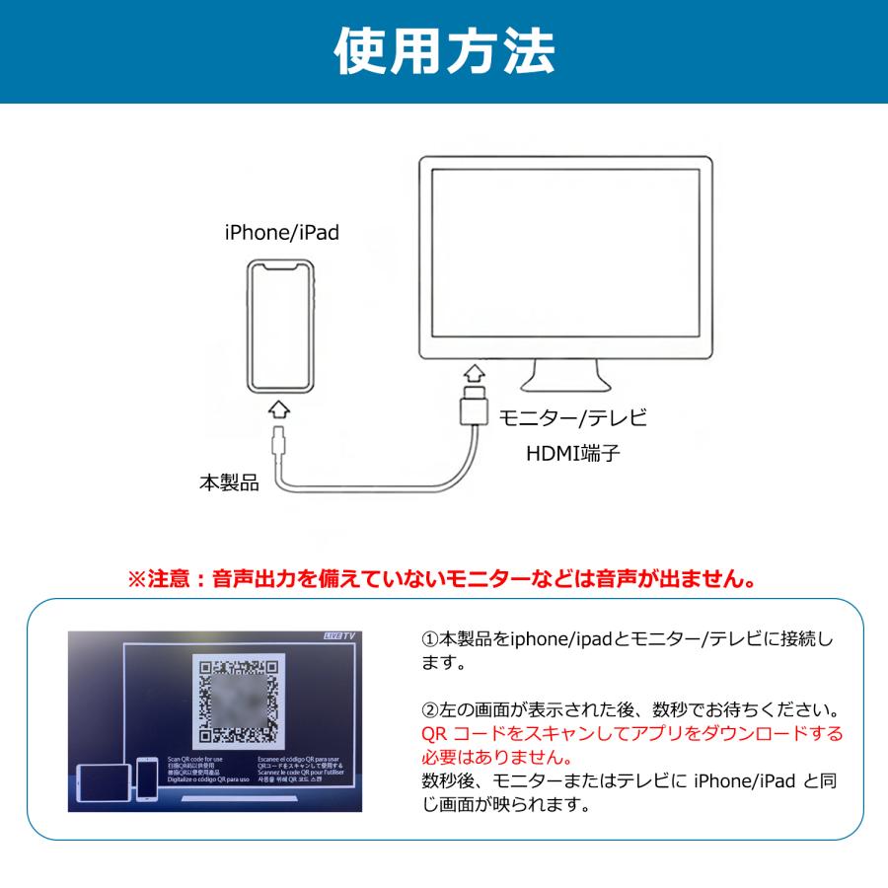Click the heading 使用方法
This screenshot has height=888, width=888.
click(444, 50)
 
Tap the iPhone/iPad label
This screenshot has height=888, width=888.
click(282, 233)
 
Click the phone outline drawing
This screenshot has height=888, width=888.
click(281, 326)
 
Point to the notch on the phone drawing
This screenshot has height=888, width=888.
click(281, 266)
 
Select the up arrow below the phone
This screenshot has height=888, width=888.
click(280, 409)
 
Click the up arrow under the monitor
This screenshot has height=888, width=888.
click(475, 375)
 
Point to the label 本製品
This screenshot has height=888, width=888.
click(228, 483)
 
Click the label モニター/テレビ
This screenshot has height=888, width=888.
click(572, 417)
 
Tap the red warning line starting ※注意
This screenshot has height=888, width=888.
click(443, 577)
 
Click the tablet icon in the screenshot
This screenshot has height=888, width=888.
click(104, 779)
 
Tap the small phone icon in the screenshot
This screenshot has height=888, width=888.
click(147, 777)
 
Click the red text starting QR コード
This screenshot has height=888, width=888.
click(631, 734)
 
